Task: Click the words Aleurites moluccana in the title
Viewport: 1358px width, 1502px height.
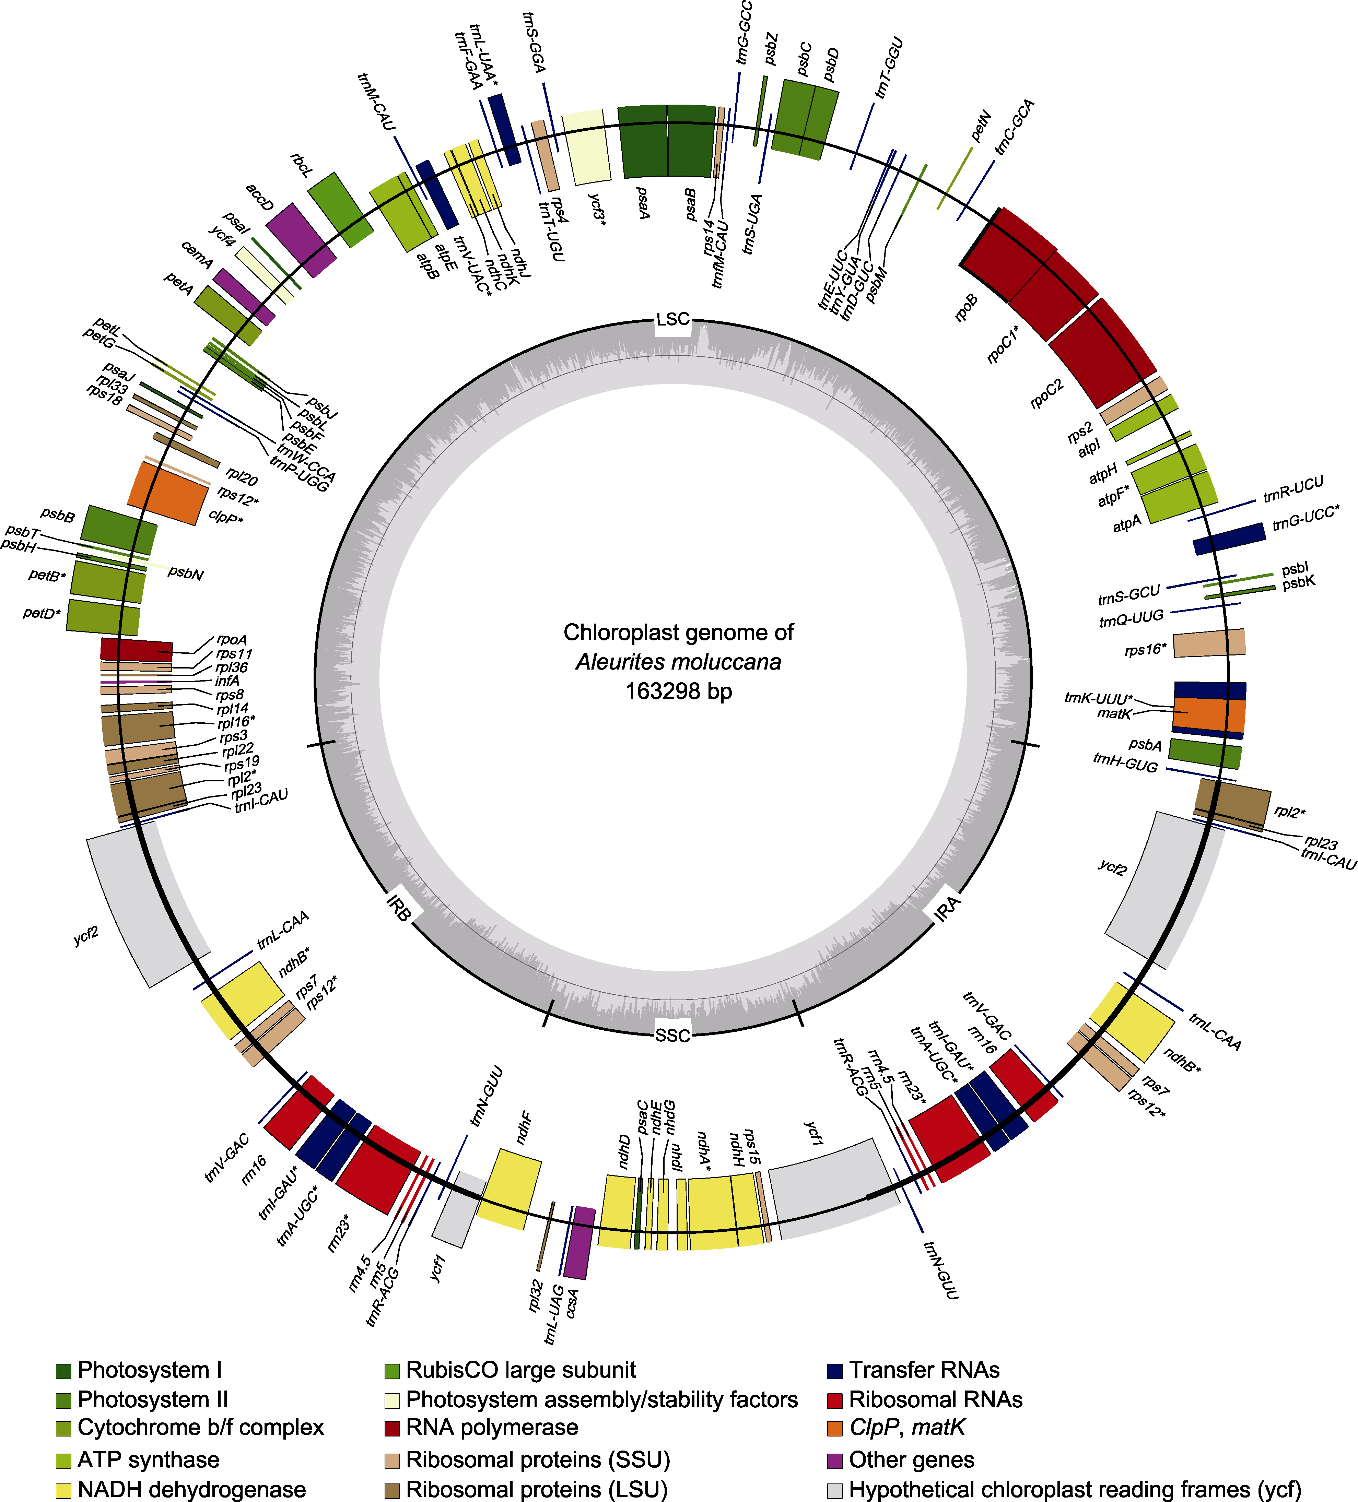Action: pos(678,662)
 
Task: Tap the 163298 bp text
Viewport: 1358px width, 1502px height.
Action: pos(678,691)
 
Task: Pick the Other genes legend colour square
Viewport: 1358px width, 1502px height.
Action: pos(835,1460)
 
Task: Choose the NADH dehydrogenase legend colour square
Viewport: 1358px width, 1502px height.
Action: pos(63,1490)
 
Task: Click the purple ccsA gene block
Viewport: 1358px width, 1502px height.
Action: pos(579,1242)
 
